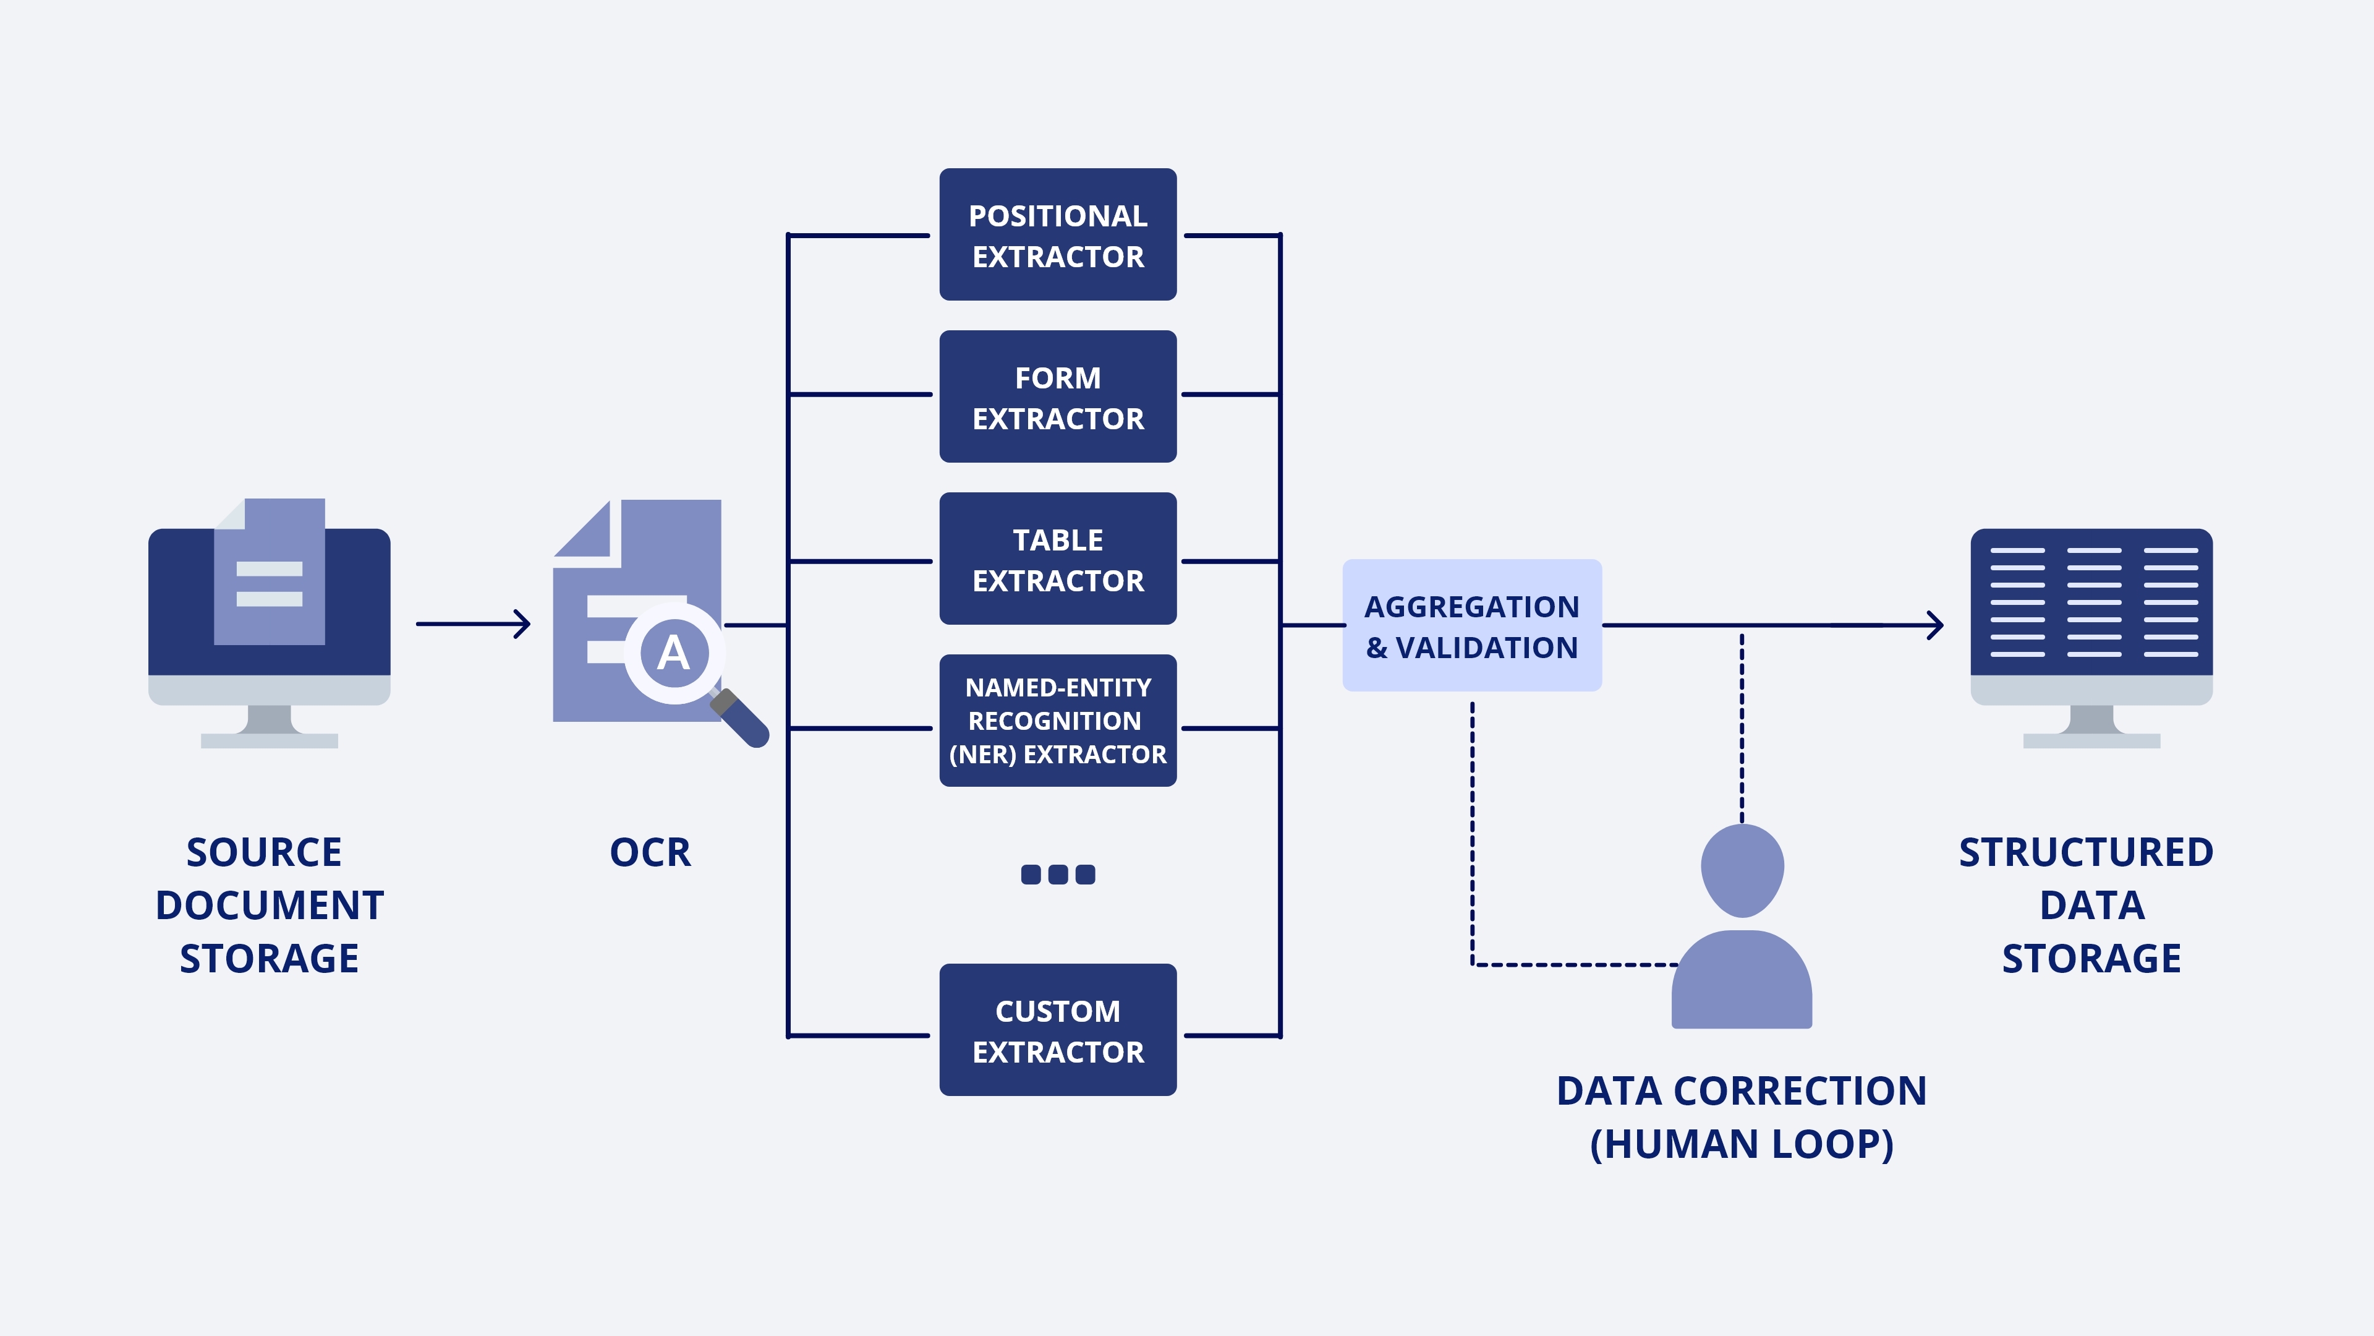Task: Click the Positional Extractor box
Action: [x=1057, y=234]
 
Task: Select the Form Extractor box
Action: [x=1057, y=396]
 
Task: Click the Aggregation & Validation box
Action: [x=1472, y=625]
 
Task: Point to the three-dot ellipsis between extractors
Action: [x=1057, y=874]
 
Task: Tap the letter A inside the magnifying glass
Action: [x=674, y=653]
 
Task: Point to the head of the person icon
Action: [x=1742, y=870]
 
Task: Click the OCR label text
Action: [x=650, y=852]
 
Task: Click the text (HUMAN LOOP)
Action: [x=1741, y=1144]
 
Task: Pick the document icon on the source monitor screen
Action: [x=269, y=572]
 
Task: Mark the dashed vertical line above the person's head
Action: [x=1742, y=729]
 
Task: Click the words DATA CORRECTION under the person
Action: [x=1741, y=1090]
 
